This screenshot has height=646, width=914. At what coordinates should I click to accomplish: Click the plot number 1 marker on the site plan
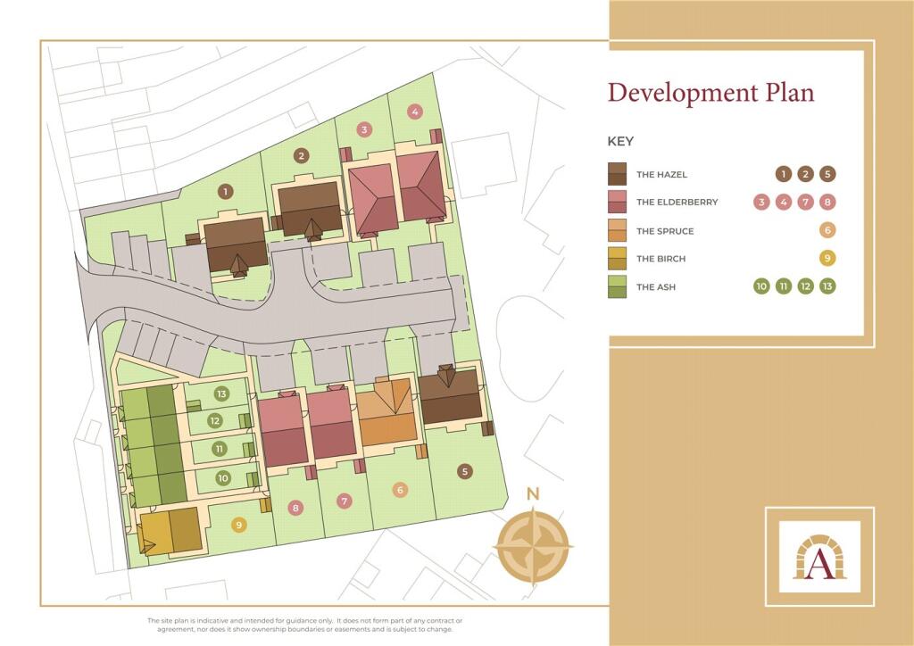[x=225, y=190]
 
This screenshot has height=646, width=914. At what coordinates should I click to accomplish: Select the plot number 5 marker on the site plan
[x=464, y=471]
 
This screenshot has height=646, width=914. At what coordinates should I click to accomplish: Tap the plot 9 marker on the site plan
[x=238, y=525]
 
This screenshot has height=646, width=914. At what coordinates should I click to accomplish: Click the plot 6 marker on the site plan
[x=400, y=490]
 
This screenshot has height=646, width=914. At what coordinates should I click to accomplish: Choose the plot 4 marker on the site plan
[x=414, y=112]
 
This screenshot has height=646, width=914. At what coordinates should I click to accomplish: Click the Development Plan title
[x=710, y=92]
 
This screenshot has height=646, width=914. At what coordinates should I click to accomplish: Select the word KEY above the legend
[x=620, y=141]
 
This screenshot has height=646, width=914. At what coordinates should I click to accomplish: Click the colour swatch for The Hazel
[x=618, y=174]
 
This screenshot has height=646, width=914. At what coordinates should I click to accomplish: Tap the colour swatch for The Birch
[x=618, y=258]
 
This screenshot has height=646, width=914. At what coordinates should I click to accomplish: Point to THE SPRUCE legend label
[x=664, y=231]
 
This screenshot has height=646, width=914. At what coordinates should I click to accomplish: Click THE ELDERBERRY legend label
[x=677, y=203]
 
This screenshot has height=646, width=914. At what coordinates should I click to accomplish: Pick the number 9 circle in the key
[x=827, y=259]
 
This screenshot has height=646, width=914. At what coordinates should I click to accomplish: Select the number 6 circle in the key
[x=827, y=230]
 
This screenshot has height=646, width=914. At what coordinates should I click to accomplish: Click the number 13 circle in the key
[x=827, y=286]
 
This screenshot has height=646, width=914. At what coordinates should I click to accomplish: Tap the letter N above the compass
[x=533, y=494]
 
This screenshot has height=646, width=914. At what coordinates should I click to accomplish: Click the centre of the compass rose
[x=534, y=544]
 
